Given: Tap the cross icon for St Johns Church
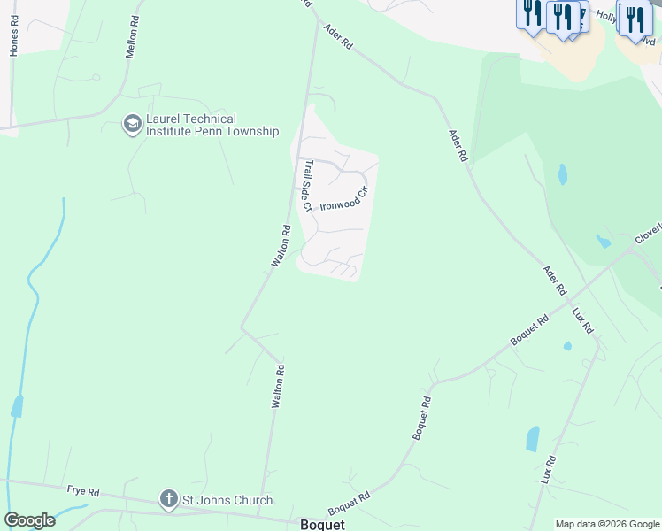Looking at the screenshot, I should click(x=169, y=500).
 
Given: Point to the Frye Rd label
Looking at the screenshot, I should click(x=82, y=489).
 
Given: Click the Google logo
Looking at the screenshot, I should click(x=29, y=520).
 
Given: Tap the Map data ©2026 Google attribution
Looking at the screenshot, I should click(x=607, y=524).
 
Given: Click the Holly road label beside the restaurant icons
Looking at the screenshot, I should click(x=606, y=15).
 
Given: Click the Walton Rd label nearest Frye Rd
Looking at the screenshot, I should click(x=275, y=385).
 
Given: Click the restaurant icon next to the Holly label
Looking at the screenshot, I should click(x=634, y=19).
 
